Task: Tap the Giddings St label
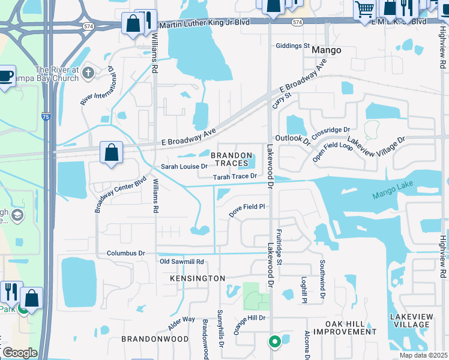[x=292, y=46]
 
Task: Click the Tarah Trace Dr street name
[x=235, y=176]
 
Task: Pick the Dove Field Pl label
[x=247, y=206]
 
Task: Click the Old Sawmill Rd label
[x=182, y=262]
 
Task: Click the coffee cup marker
[x=5, y=76]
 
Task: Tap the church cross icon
[x=88, y=74]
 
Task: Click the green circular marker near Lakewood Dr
[x=274, y=342]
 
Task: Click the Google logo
[x=19, y=353]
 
